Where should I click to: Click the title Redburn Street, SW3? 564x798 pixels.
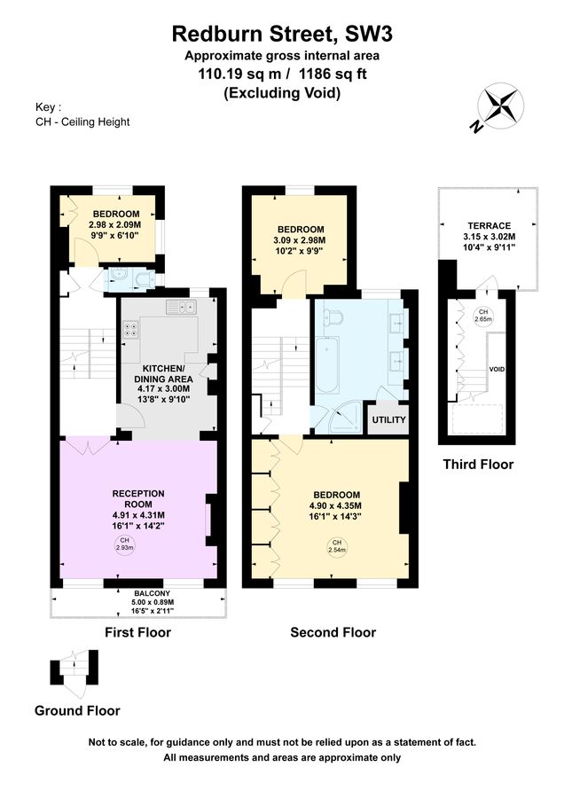coord(281,35)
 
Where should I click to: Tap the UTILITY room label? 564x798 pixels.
coord(388,419)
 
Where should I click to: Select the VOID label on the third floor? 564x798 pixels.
coord(497,368)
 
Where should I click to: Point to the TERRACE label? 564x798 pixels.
coord(488,224)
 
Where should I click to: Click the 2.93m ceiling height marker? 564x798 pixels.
coord(125,544)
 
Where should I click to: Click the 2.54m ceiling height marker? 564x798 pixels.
coord(336,546)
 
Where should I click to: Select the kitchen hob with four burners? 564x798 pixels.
coord(130,330)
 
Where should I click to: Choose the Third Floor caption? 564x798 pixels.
coord(479,464)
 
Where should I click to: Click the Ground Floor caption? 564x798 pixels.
coord(77,710)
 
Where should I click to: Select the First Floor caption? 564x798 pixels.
coord(137,632)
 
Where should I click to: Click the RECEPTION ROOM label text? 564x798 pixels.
coord(138,499)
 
